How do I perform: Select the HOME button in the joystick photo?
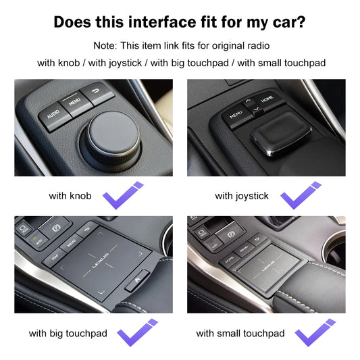pyautogui.click(x=267, y=100)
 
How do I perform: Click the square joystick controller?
pyautogui.click(x=279, y=138)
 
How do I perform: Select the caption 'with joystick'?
pyautogui.click(x=242, y=196)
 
